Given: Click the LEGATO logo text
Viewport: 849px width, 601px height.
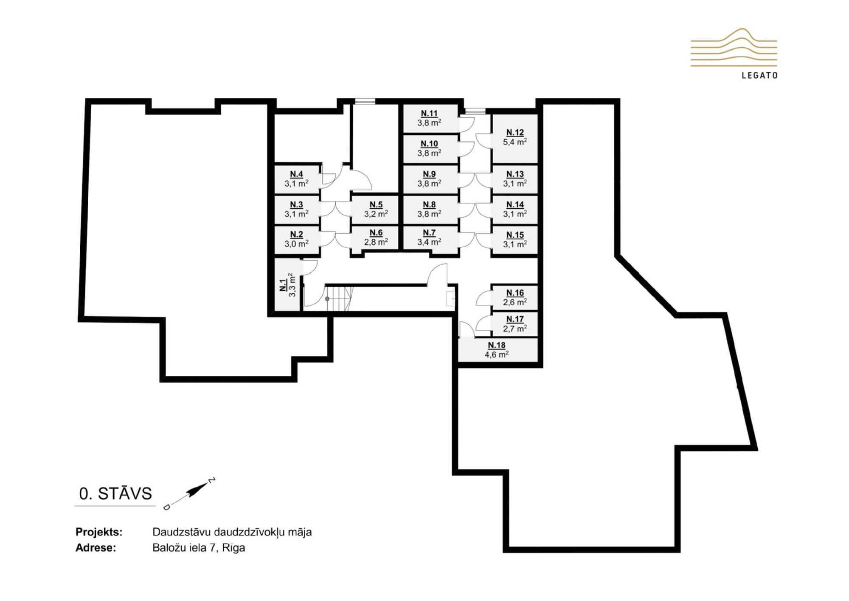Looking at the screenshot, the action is (x=759, y=76).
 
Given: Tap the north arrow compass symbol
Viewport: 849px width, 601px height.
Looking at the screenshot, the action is (x=190, y=493).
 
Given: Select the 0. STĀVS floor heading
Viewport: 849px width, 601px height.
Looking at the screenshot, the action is (x=115, y=493).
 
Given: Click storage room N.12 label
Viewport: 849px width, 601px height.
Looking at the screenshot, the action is (x=515, y=133).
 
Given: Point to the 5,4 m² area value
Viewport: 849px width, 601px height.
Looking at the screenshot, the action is (x=515, y=142).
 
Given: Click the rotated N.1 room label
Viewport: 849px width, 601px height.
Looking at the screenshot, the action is (x=283, y=285).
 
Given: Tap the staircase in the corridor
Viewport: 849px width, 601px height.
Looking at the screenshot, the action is (x=339, y=299).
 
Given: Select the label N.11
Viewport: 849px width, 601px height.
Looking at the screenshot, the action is (x=429, y=113).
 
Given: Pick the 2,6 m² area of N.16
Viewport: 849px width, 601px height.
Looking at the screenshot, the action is (x=515, y=302).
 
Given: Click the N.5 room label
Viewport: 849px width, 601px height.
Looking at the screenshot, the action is (x=376, y=205).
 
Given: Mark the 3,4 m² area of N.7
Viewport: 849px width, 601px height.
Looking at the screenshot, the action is (x=429, y=242).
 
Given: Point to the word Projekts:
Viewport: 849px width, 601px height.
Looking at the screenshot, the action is (x=99, y=532).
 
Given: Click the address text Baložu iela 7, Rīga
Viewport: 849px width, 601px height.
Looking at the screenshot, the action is (x=199, y=547).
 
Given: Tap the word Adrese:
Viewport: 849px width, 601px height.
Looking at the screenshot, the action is (x=96, y=548).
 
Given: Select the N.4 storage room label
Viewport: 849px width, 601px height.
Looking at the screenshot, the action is (x=296, y=174).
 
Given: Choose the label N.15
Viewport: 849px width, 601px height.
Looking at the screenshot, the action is (x=515, y=235).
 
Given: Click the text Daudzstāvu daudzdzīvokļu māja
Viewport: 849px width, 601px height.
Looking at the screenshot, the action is (x=232, y=532).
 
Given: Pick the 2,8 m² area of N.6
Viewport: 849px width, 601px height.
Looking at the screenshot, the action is (x=376, y=242).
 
